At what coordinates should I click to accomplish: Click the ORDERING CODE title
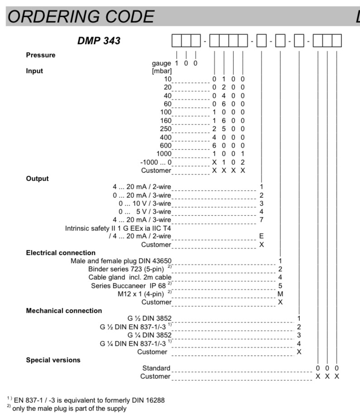click(x=81, y=17)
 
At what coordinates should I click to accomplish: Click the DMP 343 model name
click(x=99, y=41)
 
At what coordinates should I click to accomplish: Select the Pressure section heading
click(x=41, y=55)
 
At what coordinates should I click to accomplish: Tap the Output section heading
click(x=37, y=178)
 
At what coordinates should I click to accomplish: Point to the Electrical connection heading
click(x=61, y=252)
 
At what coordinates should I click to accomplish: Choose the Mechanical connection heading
click(x=64, y=310)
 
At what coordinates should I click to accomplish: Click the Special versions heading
click(x=53, y=360)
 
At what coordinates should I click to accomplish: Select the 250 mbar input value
click(x=166, y=129)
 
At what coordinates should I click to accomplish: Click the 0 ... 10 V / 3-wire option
click(x=145, y=203)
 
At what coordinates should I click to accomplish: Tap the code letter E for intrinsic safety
click(x=261, y=236)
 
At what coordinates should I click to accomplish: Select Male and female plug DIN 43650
click(x=121, y=261)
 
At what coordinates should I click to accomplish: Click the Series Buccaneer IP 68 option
click(x=129, y=286)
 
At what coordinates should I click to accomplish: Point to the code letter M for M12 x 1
click(x=280, y=294)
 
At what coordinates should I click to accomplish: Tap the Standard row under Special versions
click(x=156, y=368)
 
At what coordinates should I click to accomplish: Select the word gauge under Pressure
click(x=161, y=63)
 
